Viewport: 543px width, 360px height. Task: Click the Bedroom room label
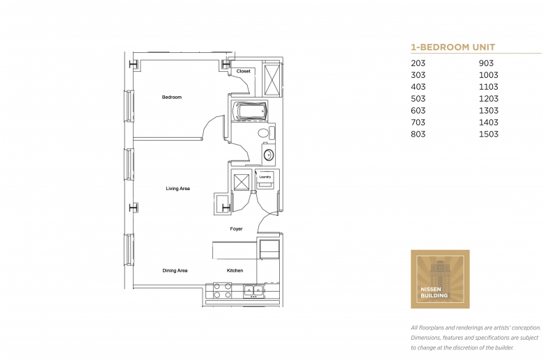(172, 97)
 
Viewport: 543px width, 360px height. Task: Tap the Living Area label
(178, 189)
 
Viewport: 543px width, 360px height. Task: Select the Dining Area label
(175, 271)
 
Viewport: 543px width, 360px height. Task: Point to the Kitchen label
(235, 271)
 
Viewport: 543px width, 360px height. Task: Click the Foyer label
(236, 228)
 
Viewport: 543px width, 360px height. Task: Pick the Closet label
(243, 71)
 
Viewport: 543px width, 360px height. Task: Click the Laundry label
(265, 177)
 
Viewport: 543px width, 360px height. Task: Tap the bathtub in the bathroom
(250, 111)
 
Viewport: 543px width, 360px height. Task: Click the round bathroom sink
(269, 155)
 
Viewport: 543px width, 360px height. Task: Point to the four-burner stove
(222, 290)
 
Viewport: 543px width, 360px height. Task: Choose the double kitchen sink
(254, 290)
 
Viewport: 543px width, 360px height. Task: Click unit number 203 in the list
(418, 63)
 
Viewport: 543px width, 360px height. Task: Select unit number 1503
(488, 134)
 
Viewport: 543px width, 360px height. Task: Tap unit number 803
(418, 134)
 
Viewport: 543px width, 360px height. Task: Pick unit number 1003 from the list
(488, 75)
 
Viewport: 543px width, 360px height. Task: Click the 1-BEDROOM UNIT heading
(453, 47)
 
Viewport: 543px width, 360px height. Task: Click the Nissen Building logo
(440, 279)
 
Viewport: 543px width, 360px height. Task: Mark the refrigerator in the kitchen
(269, 249)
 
